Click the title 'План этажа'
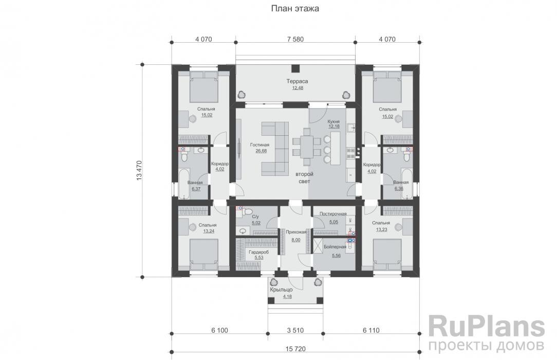click(x=295, y=9)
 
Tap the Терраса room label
click(x=298, y=81)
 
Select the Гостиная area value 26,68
click(x=261, y=151)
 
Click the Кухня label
click(x=333, y=121)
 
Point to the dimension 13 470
click(x=139, y=171)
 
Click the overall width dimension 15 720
click(x=295, y=349)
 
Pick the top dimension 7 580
click(x=295, y=39)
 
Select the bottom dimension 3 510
click(x=295, y=330)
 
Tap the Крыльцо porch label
click(x=281, y=290)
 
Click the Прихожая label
click(x=296, y=232)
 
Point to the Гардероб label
click(x=258, y=252)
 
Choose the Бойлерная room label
click(x=335, y=247)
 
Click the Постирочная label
click(x=333, y=213)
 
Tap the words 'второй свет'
click(x=304, y=178)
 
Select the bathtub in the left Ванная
click(x=184, y=184)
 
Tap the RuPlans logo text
click(x=486, y=327)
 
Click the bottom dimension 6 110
click(x=371, y=330)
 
